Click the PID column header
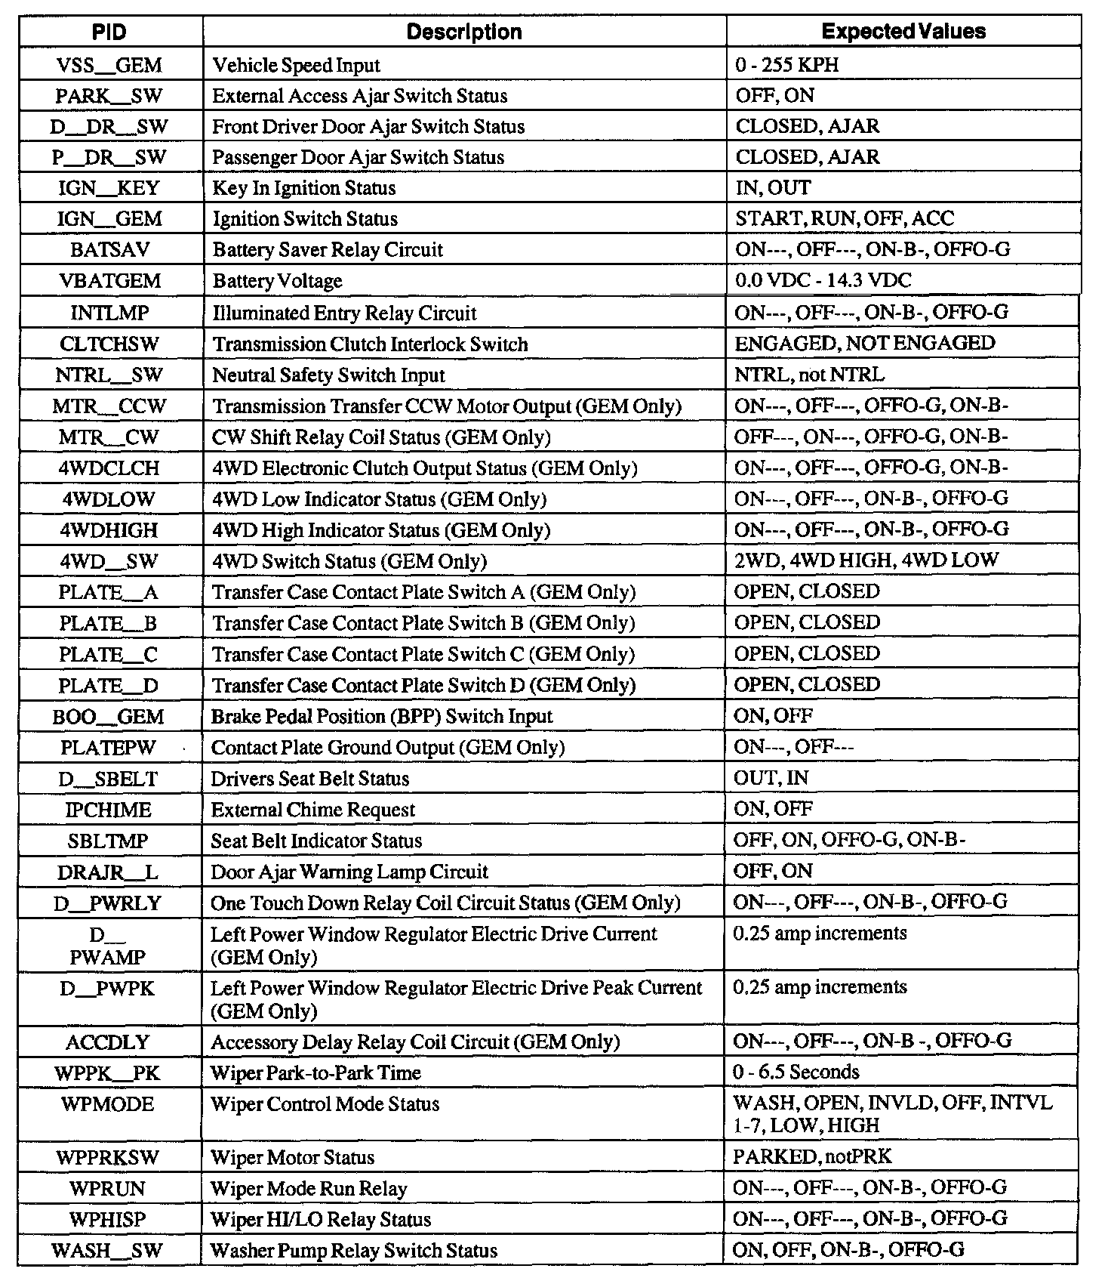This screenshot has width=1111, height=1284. [x=109, y=32]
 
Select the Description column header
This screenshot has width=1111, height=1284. [x=464, y=32]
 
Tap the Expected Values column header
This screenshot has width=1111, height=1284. [x=903, y=32]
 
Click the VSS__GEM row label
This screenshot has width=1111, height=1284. [x=109, y=65]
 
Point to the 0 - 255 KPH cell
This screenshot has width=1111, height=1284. [x=787, y=65]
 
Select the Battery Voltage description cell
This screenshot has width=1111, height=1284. [x=278, y=281]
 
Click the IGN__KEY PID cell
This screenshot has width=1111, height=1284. [x=109, y=188]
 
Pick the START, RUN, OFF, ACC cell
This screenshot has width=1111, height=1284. [x=845, y=219]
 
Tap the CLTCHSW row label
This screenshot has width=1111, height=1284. [x=109, y=344]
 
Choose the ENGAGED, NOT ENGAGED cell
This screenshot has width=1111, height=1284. [x=865, y=344]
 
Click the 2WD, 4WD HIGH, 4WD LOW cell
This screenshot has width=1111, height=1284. [x=866, y=560]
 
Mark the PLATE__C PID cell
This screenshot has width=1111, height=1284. [x=109, y=654]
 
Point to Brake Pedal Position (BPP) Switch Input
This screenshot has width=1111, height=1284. [x=382, y=716]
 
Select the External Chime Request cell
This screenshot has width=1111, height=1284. [x=313, y=810]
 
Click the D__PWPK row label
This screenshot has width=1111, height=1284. [x=109, y=988]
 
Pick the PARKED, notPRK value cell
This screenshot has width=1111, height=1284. [x=812, y=1156]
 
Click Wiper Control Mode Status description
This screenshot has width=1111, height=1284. [x=325, y=1104]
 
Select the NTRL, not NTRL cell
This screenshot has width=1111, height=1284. [x=809, y=375]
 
